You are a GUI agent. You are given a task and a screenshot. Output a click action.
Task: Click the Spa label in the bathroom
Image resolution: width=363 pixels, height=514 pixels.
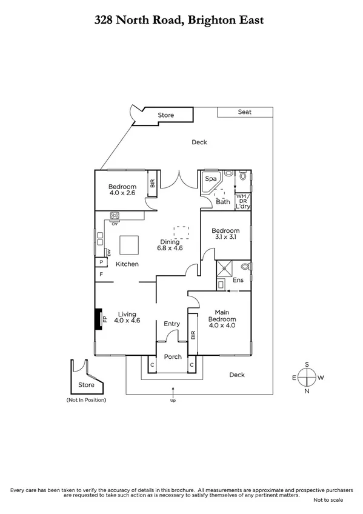point(211,179)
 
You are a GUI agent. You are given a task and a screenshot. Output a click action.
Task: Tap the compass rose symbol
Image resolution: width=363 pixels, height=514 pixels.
point(307,377)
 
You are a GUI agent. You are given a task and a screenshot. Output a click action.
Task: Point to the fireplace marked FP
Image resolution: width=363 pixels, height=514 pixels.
point(98,319)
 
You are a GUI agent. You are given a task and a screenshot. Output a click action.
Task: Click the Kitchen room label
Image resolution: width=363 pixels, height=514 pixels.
point(127,264)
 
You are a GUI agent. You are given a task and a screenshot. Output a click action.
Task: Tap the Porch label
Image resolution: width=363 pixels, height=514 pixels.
point(173,356)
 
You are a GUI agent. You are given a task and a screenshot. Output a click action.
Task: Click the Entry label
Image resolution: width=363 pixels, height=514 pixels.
point(172,324)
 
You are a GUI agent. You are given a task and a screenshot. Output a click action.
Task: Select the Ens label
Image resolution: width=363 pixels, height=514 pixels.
point(238,281)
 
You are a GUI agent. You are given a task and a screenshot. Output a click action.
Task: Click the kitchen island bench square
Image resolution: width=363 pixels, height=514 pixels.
point(129,245)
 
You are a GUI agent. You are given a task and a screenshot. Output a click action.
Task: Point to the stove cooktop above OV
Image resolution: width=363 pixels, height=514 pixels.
point(115,215)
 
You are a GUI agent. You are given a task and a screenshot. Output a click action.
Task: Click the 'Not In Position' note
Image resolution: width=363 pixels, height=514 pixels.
point(85,401)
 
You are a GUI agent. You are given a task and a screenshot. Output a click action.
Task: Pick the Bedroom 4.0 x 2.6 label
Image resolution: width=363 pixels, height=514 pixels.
point(122,190)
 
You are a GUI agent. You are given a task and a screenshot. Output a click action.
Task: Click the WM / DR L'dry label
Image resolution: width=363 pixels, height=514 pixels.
point(242,202)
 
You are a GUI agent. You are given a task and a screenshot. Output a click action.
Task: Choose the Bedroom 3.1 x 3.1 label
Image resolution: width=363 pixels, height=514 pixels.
point(225,234)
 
